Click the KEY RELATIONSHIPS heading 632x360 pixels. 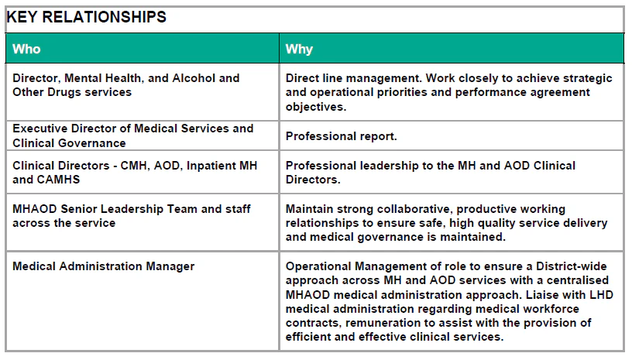(87, 17)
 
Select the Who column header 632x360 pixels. (26, 49)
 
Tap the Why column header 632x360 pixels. (299, 49)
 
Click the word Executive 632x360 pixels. (40, 129)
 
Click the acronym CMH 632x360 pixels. (135, 166)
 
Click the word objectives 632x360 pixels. (316, 107)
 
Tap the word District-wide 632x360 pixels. (571, 266)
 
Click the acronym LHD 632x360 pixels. (601, 295)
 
